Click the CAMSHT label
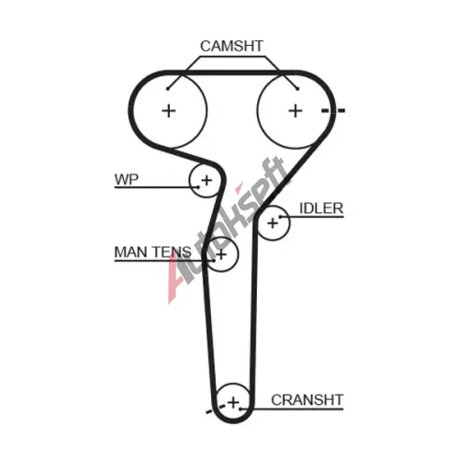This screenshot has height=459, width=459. [231, 46]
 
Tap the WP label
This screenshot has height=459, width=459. [127, 179]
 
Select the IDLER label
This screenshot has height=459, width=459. [321, 208]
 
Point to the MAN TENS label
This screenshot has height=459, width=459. [152, 252]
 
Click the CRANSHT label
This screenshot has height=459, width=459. [308, 400]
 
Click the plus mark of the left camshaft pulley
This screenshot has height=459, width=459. [169, 110]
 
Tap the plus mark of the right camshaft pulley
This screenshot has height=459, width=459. [296, 110]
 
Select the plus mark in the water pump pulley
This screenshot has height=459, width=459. [207, 180]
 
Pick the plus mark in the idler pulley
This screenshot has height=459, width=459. [273, 223]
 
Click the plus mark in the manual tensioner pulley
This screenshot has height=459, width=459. [221, 254]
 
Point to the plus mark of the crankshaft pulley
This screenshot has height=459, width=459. [233, 402]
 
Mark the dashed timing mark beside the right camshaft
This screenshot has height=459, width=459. [333, 110]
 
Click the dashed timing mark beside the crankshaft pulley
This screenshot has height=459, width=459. [216, 409]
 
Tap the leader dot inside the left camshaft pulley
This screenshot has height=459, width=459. [168, 89]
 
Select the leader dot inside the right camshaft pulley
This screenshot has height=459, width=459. [297, 89]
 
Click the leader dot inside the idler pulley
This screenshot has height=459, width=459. [280, 217]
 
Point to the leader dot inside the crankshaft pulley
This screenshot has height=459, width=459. [241, 409]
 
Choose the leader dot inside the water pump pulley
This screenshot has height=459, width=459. [198, 187]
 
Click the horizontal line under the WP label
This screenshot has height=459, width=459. [156, 187]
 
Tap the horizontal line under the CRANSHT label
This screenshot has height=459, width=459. [292, 409]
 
